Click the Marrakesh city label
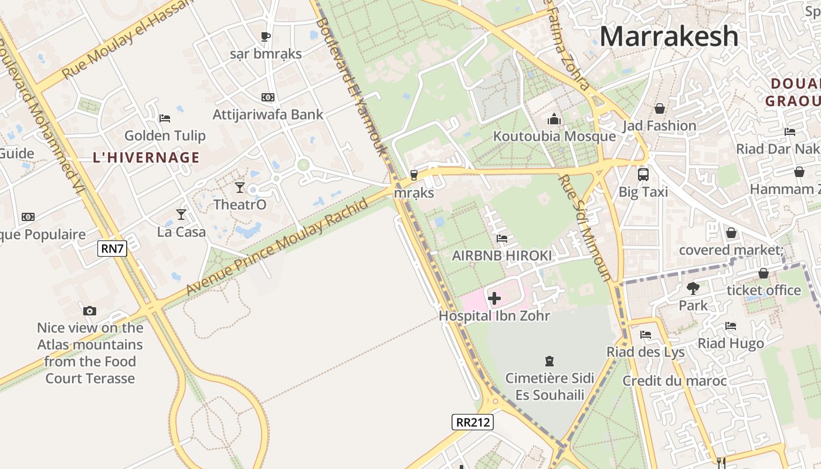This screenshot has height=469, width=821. [x=669, y=36]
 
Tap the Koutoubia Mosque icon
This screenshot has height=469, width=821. [x=554, y=120]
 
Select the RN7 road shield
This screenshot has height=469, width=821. [x=113, y=249]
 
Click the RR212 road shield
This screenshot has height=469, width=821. [x=473, y=422]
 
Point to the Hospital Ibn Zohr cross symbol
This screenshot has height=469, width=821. [x=494, y=298]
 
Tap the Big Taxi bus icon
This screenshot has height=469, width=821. [x=643, y=174]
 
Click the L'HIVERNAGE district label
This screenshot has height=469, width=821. [x=146, y=157]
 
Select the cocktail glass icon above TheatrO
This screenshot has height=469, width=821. [x=239, y=188]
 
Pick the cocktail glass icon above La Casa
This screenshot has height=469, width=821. [x=181, y=215]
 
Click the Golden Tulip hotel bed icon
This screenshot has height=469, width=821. [x=165, y=118]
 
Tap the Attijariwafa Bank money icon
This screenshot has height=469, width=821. [x=268, y=97]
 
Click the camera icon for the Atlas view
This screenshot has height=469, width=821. [x=90, y=311]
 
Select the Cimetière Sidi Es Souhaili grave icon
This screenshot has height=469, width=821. [x=549, y=361]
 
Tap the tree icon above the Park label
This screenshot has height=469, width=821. [x=693, y=288]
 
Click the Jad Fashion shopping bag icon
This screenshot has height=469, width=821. [x=660, y=108]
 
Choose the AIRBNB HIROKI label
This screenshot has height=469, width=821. [x=501, y=256]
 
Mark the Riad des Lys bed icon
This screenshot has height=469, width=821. [x=646, y=335]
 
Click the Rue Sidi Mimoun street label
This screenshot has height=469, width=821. [x=585, y=229]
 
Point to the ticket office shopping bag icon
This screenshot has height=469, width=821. [x=764, y=273]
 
